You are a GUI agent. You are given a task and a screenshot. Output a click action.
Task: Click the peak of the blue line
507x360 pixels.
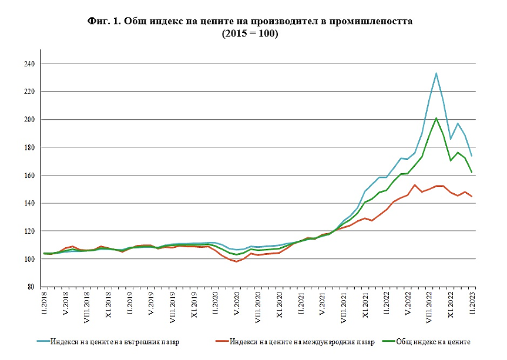point(436,73)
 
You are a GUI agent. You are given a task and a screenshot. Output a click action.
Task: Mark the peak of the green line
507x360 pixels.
point(436,118)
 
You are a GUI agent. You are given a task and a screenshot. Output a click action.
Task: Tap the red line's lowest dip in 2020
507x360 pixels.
point(237,261)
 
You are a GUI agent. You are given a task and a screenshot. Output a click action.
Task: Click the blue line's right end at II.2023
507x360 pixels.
point(472,156)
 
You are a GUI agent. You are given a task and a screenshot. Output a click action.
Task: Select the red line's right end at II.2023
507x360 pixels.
point(472,196)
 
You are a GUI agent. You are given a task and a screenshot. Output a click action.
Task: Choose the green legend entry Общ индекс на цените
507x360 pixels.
point(432,341)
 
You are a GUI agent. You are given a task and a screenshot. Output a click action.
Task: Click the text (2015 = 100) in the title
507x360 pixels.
point(250,34)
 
